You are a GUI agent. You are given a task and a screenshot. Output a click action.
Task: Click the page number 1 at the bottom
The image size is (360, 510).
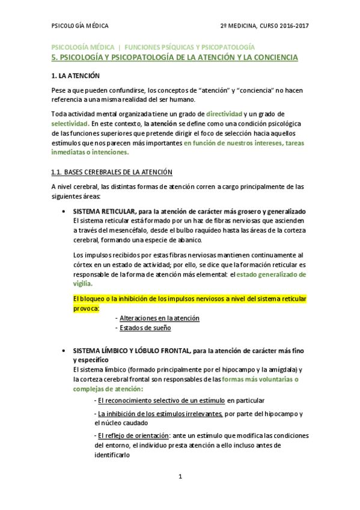pos(180,477)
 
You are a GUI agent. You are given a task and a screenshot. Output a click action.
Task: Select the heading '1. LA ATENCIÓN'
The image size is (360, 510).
pos(75,76)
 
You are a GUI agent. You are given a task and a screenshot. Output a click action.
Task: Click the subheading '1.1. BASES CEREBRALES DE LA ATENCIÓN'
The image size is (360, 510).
pos(111,172)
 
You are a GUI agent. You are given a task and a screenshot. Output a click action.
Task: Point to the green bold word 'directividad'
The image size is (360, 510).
pos(224,114)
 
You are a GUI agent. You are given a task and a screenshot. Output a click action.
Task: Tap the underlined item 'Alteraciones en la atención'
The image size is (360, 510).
pos(159,318)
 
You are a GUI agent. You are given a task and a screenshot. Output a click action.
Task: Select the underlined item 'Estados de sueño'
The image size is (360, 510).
pos(145,328)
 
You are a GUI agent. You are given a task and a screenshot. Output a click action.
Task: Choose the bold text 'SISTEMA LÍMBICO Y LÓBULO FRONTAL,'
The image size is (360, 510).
pos(131,351)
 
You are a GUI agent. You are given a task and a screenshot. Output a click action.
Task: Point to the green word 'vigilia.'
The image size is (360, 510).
pos(83,283)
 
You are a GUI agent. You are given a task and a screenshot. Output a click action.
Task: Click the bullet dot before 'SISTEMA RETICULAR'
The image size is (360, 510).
pos(64,212)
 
